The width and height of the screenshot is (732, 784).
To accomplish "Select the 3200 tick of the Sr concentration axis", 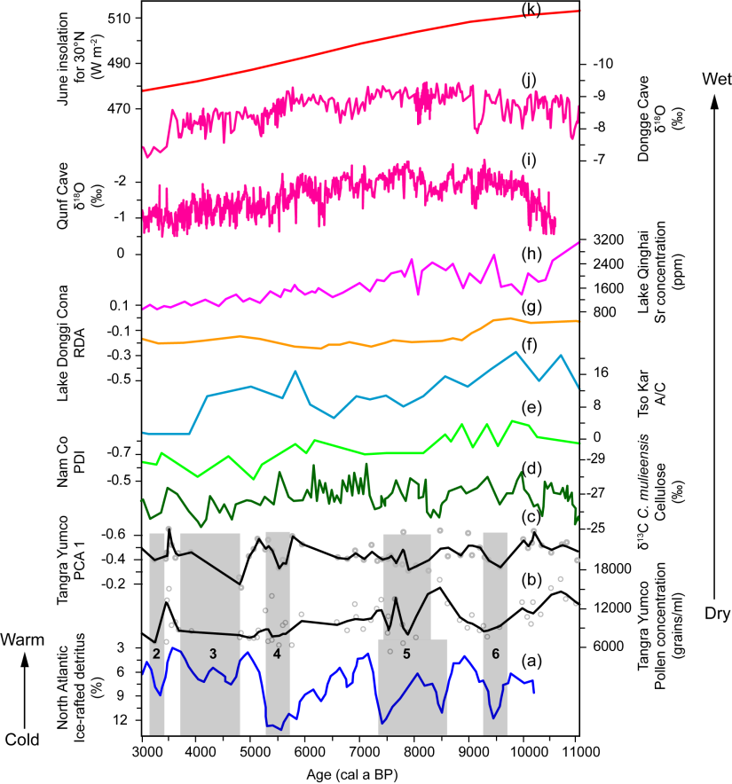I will (602, 239).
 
